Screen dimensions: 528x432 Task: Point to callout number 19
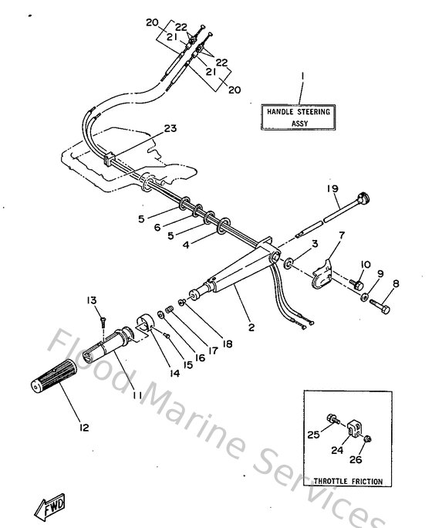point(332,188)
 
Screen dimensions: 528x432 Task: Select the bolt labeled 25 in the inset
point(332,420)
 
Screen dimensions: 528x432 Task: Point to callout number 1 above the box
point(302,76)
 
